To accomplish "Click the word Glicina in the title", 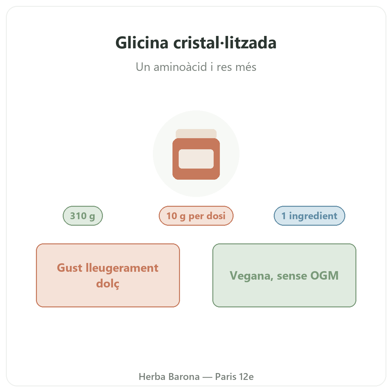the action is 142,43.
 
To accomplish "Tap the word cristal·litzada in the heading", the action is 225,42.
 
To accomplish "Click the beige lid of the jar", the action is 196,134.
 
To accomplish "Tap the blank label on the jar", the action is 196,159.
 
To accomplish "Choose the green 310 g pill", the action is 83,216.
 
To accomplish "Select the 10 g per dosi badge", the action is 196,216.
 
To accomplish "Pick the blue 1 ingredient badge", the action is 309,216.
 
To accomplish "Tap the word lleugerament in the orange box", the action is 122,268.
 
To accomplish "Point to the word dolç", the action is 108,283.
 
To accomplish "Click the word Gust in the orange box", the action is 70,268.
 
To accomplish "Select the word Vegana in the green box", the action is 252,276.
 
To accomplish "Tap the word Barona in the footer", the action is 184,377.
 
